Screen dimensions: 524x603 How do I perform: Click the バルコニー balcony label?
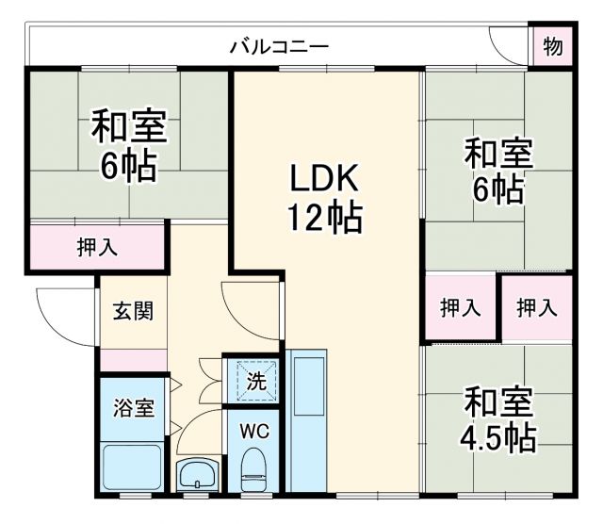pyautogui.click(x=279, y=45)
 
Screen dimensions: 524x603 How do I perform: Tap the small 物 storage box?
pyautogui.click(x=553, y=46)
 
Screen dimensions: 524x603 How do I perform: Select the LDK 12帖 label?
pyautogui.click(x=323, y=199)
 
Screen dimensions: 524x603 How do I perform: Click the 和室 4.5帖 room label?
pyautogui.click(x=499, y=420)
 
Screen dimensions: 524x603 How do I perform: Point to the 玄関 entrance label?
pyautogui.click(x=134, y=311)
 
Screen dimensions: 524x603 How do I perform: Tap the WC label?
pyautogui.click(x=252, y=433)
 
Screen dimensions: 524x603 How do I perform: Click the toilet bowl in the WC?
pyautogui.click(x=253, y=469)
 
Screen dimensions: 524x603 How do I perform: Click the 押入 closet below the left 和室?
pyautogui.click(x=96, y=248)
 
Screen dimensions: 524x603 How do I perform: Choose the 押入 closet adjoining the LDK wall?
pyautogui.click(x=460, y=307)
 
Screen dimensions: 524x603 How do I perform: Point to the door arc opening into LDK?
pyautogui.click(x=247, y=311)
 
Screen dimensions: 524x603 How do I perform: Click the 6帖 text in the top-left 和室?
pyautogui.click(x=129, y=166)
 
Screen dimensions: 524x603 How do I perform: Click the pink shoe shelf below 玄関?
pyautogui.click(x=133, y=360)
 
